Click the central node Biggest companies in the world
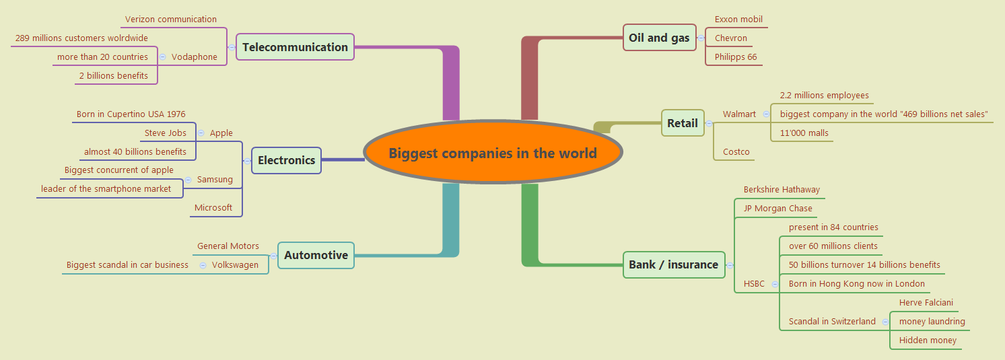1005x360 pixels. [x=492, y=153]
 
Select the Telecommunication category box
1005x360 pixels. [x=295, y=47]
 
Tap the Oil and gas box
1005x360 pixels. [x=659, y=38]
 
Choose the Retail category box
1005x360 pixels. [x=682, y=123]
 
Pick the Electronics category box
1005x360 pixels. [x=286, y=160]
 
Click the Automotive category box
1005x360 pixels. [x=316, y=255]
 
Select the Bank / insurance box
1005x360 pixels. [x=673, y=264]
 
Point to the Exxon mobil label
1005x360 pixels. [x=738, y=19]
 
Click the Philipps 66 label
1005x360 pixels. [x=736, y=57]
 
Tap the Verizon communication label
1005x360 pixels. [x=171, y=19]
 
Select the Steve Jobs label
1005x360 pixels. [x=166, y=133]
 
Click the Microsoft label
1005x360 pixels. [x=213, y=207]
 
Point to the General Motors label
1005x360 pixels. [x=228, y=246]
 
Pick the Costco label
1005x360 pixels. [x=736, y=151]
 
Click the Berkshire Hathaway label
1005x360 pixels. [x=782, y=189]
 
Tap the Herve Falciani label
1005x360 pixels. [x=926, y=302]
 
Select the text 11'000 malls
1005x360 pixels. [x=804, y=133]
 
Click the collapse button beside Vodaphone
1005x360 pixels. [x=162, y=57]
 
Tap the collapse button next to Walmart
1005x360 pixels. [x=766, y=114]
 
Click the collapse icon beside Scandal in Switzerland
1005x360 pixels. [x=885, y=321]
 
